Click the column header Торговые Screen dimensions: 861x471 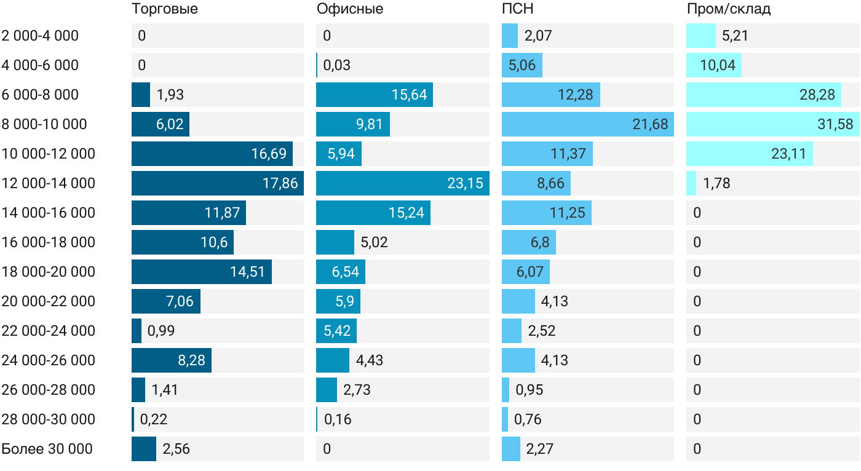(165, 9)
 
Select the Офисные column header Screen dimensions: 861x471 (350, 9)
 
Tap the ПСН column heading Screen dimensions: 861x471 (518, 9)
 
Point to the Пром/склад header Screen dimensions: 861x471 (729, 9)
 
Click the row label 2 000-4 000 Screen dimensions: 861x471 (40, 36)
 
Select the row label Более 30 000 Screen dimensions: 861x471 (47, 449)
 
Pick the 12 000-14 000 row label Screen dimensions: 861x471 (49, 183)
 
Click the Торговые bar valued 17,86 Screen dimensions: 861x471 (218, 183)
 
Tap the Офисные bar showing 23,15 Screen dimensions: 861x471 (403, 183)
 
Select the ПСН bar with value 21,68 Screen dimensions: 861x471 (588, 124)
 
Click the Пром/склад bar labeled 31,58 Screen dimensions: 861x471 (773, 124)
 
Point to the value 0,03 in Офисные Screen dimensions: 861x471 (337, 65)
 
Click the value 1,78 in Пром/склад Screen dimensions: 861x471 (716, 183)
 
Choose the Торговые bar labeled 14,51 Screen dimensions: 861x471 (202, 272)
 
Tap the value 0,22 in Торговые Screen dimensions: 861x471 (154, 419)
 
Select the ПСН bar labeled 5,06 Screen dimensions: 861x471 (522, 65)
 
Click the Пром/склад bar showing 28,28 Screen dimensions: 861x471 (764, 95)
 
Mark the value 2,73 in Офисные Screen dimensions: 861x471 (357, 390)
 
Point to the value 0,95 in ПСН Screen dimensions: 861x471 (530, 390)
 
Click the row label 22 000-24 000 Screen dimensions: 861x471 (49, 331)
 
